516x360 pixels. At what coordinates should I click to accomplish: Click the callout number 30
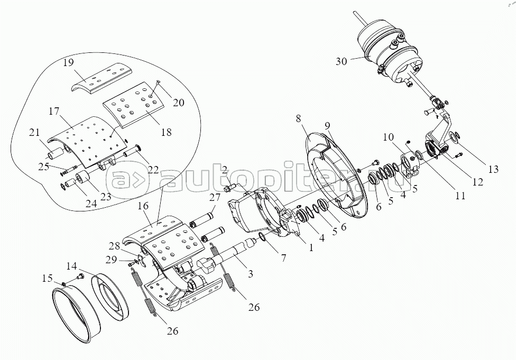(342, 61)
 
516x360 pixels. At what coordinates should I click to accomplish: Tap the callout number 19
(68, 62)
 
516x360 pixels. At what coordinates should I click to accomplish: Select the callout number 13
(493, 169)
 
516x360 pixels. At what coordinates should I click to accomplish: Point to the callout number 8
(298, 118)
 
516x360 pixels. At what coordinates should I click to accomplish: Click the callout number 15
(47, 279)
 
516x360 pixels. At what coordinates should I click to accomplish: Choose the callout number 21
(34, 132)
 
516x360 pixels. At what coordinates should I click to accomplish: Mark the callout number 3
(251, 274)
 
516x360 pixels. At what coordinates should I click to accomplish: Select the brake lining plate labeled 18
(133, 104)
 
